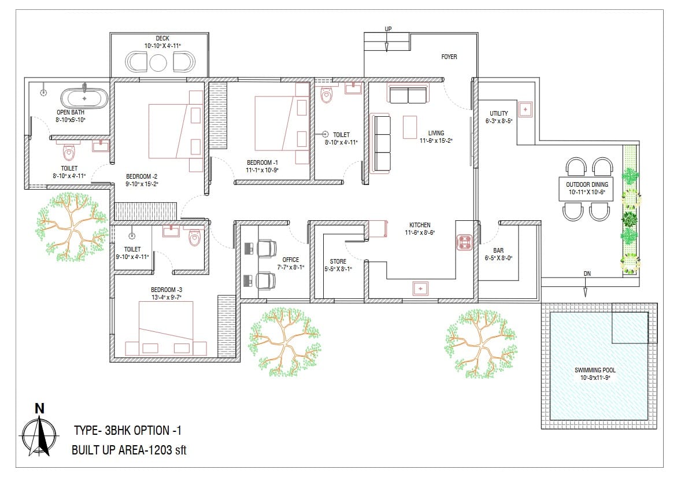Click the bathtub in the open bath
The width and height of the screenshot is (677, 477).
[x=84, y=98]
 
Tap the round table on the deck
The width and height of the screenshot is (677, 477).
[x=158, y=63]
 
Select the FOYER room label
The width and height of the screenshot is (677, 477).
[x=449, y=57]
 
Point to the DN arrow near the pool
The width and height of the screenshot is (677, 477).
[x=586, y=287]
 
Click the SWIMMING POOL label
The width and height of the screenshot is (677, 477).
[x=595, y=370]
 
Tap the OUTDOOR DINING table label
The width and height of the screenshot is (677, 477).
[x=587, y=184]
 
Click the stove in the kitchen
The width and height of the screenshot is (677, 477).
[x=465, y=242]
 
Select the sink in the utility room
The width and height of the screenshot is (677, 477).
[x=525, y=110]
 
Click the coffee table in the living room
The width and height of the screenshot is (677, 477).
[x=410, y=127]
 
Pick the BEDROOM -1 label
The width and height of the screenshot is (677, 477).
[x=262, y=162]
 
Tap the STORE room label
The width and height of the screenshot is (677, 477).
[x=338, y=261]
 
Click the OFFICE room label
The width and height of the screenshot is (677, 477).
[x=291, y=260]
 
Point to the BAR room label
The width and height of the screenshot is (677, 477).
[x=498, y=250]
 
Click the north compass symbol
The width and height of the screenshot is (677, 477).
[x=39, y=434]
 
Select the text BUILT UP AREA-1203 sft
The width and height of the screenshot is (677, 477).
[x=129, y=450]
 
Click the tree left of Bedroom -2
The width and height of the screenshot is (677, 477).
[x=72, y=227]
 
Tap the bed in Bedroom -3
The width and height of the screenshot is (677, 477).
[x=166, y=328]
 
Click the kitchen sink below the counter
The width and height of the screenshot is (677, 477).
[x=420, y=289]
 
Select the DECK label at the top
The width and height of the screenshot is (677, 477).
[x=162, y=38]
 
